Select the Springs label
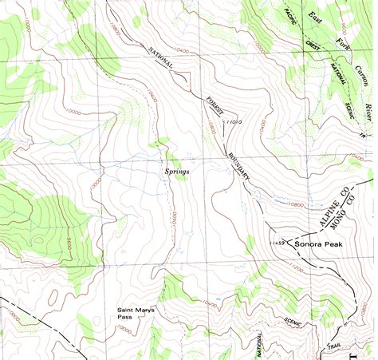coord(177,171)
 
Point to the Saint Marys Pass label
coord(135,312)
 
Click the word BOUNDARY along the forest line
coord(242,164)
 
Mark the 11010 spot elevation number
coord(234,122)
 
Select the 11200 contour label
coord(293,271)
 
